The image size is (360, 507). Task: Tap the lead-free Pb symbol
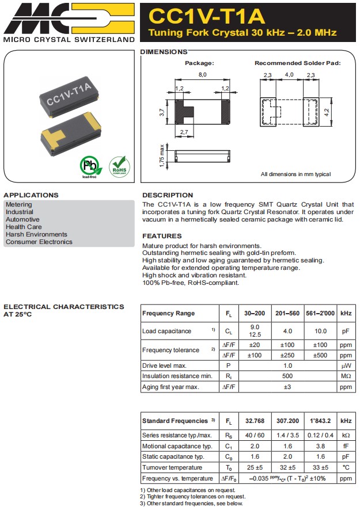click(x=90, y=166)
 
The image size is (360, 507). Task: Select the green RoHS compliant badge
click(x=119, y=166)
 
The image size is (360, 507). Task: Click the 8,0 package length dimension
click(x=203, y=75)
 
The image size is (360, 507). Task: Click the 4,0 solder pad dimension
click(x=289, y=75)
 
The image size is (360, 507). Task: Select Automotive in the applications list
click(x=22, y=219)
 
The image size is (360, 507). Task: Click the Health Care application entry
click(x=24, y=227)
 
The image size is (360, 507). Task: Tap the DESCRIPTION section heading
click(x=168, y=195)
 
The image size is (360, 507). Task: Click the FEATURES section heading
click(x=162, y=236)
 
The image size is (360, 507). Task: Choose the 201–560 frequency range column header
click(x=287, y=314)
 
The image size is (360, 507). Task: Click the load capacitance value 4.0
click(x=287, y=331)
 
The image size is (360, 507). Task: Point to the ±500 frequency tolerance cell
click(x=320, y=355)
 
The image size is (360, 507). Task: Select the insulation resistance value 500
click(x=287, y=376)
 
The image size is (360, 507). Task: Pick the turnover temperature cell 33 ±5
click(x=320, y=467)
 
